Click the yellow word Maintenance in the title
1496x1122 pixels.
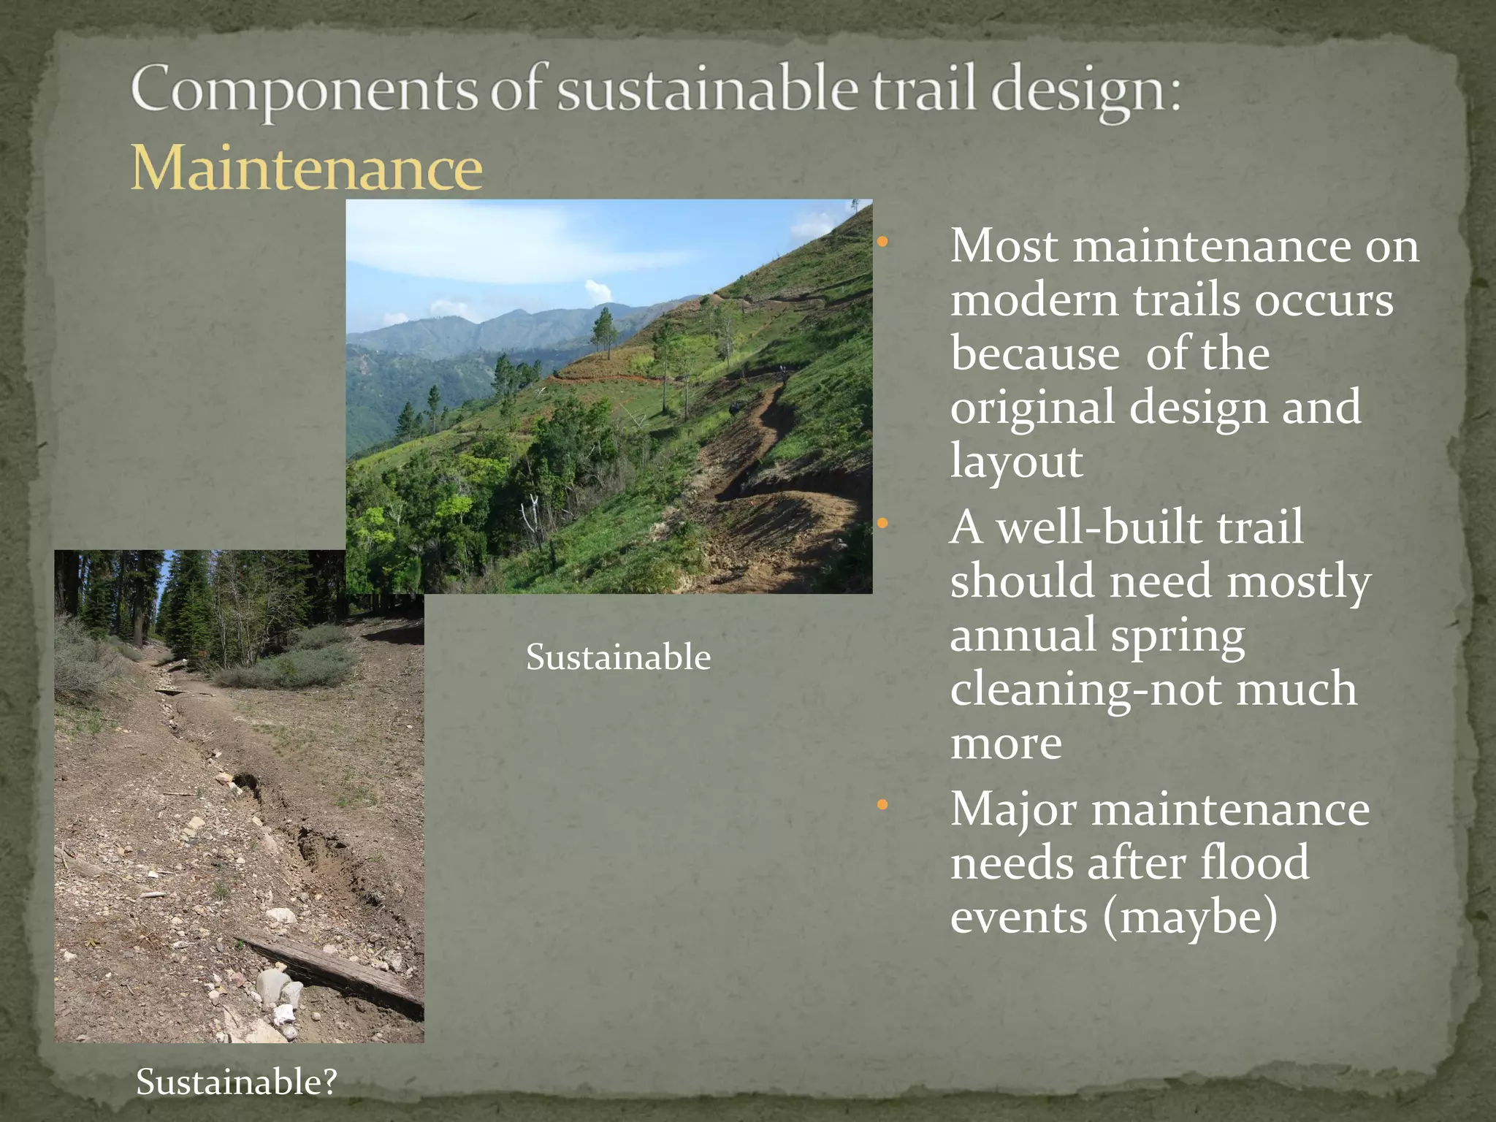tap(307, 168)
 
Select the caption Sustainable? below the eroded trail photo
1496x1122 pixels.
tap(237, 1082)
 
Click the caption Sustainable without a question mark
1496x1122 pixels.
tap(618, 657)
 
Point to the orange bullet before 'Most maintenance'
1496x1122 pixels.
tap(882, 242)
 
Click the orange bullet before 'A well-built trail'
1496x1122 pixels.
tap(882, 523)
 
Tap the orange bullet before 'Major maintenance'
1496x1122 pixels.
tap(882, 805)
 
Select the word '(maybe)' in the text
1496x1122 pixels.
tap(1190, 917)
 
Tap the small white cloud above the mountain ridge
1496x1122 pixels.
tap(599, 291)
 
